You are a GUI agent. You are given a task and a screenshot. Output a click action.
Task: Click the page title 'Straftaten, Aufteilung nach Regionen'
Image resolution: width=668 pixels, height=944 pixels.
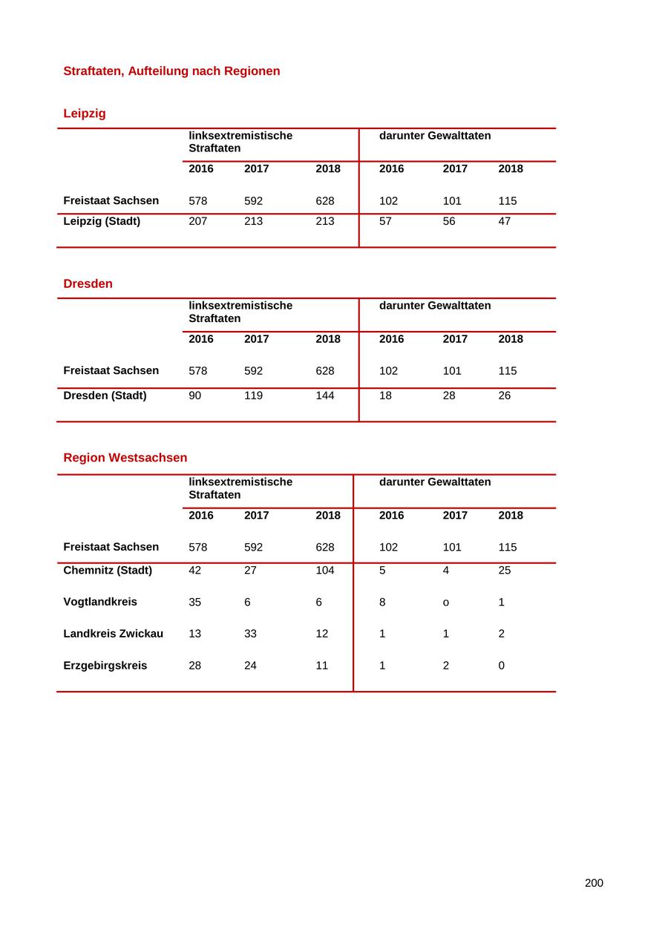pyautogui.click(x=171, y=71)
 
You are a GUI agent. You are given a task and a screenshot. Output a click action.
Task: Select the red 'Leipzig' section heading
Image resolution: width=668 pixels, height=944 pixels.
pyautogui.click(x=85, y=114)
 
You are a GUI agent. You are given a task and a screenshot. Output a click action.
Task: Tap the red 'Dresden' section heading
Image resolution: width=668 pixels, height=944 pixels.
pyautogui.click(x=88, y=283)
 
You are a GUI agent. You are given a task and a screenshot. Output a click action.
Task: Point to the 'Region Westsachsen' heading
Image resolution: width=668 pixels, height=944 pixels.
pyautogui.click(x=125, y=458)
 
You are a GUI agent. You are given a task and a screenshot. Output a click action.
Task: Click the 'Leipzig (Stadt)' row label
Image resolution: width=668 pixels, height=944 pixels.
pyautogui.click(x=102, y=221)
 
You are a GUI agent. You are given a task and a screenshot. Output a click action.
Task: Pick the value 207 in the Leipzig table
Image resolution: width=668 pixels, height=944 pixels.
pyautogui.click(x=197, y=221)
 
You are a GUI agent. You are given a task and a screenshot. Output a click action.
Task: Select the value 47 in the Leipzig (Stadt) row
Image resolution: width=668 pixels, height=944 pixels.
pyautogui.click(x=504, y=221)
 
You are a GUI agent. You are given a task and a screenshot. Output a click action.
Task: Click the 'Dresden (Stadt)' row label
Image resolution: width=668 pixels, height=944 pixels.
pyautogui.click(x=105, y=396)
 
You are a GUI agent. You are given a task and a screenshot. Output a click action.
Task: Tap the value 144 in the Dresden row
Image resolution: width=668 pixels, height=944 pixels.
pyautogui.click(x=325, y=396)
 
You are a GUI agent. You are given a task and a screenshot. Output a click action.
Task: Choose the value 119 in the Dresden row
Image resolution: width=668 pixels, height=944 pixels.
pyautogui.click(x=253, y=396)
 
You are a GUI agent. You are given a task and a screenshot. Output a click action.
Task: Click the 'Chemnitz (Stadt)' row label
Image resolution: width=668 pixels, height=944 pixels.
pyautogui.click(x=108, y=570)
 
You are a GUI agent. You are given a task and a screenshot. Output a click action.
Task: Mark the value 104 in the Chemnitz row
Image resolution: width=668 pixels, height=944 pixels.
pyautogui.click(x=325, y=570)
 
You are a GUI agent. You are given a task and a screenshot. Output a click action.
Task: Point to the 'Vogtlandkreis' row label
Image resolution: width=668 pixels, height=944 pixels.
pyautogui.click(x=100, y=602)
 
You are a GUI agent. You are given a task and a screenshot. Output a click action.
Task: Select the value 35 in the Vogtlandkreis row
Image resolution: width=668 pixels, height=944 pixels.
pyautogui.click(x=194, y=602)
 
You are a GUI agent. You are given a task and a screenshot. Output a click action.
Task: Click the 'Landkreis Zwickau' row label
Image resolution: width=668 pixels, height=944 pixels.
pyautogui.click(x=113, y=634)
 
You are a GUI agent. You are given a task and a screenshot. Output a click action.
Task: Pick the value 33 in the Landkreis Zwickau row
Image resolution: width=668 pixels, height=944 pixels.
pyautogui.click(x=250, y=634)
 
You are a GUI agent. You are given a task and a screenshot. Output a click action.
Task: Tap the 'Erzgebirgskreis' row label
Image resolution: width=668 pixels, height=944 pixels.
pyautogui.click(x=105, y=666)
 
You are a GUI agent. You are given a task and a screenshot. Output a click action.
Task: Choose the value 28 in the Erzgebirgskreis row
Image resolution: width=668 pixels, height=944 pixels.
pyautogui.click(x=194, y=666)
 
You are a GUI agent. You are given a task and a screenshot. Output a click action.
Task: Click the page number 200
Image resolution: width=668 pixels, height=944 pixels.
pyautogui.click(x=594, y=883)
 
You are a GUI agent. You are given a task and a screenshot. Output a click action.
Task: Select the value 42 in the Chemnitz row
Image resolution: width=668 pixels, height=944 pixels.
pyautogui.click(x=194, y=570)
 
